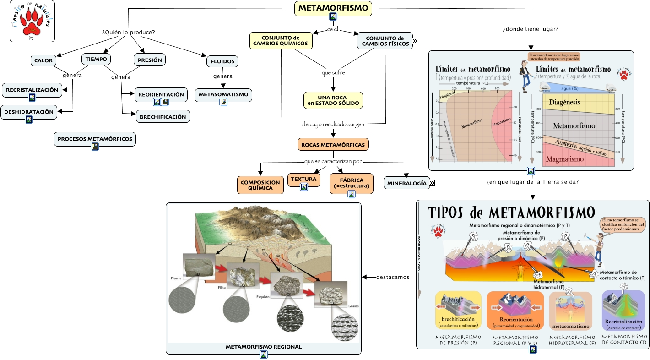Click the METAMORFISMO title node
(333, 8)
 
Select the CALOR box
(43, 60)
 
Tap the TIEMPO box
(96, 59)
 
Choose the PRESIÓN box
(150, 59)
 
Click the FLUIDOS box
(222, 61)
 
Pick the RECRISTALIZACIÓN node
(32, 90)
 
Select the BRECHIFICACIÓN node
(163, 117)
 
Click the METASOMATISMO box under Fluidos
(223, 95)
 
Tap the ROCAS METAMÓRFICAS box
(333, 145)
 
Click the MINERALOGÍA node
(407, 183)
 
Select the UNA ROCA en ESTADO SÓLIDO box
(333, 100)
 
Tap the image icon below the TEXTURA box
(303, 187)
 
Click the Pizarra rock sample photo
(198, 266)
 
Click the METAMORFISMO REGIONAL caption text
(264, 347)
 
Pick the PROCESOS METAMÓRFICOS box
(95, 139)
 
